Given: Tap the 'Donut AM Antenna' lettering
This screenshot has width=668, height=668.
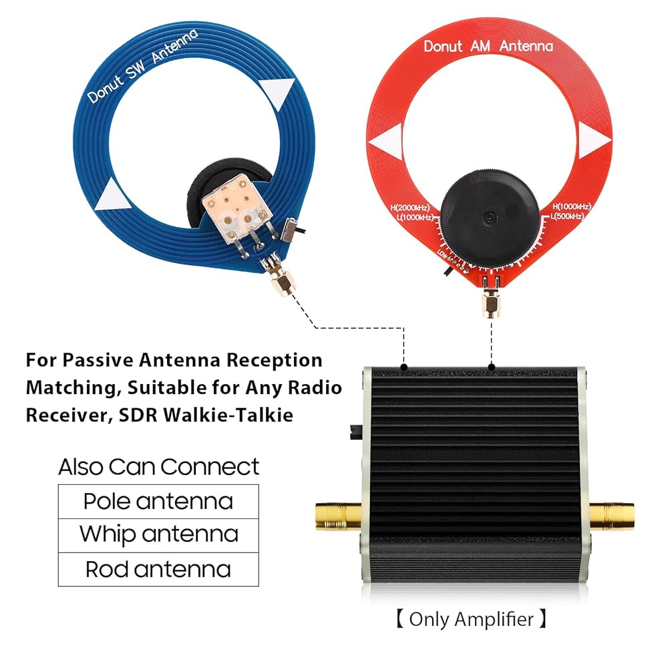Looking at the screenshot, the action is pyautogui.click(x=488, y=46).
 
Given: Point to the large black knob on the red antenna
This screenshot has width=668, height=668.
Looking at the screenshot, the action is pyautogui.click(x=490, y=220).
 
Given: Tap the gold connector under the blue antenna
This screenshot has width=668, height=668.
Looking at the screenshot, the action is pyautogui.click(x=282, y=283).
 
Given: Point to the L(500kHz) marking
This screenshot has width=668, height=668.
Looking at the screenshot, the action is pyautogui.click(x=567, y=216).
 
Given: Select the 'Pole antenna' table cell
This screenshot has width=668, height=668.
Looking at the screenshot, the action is pyautogui.click(x=158, y=501).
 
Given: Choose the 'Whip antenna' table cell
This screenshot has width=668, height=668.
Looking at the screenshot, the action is pyautogui.click(x=158, y=534).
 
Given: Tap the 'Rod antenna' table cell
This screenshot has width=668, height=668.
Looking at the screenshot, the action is pyautogui.click(x=158, y=570).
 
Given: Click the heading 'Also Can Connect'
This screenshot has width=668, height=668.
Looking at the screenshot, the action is pyautogui.click(x=158, y=466).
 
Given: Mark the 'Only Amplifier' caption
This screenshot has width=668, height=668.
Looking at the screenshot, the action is pyautogui.click(x=471, y=619).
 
